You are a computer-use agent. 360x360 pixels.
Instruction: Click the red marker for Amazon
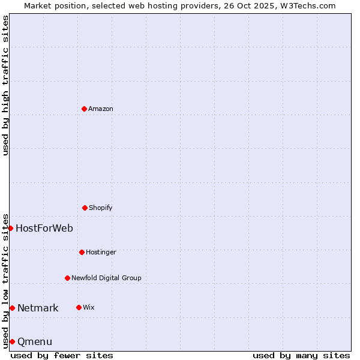(85, 109)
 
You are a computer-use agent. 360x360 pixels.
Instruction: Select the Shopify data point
(85, 208)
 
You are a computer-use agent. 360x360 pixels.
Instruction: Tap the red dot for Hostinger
(82, 252)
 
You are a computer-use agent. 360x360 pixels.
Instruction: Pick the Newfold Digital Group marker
(67, 278)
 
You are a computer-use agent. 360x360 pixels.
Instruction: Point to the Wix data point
(79, 307)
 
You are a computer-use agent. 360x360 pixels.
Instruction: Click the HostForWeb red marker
(10, 228)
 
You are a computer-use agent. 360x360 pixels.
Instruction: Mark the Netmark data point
(12, 308)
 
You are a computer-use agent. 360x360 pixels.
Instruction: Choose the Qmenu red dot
(12, 341)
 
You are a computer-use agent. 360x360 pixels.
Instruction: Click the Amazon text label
(101, 109)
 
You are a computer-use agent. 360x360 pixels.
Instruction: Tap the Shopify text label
(101, 208)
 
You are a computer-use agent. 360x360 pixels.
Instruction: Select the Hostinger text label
(101, 253)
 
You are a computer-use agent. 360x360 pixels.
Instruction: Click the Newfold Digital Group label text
(106, 278)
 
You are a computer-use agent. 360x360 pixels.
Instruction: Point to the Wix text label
(89, 308)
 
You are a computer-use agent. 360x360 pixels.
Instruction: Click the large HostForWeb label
(44, 228)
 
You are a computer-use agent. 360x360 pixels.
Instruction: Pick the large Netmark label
(38, 308)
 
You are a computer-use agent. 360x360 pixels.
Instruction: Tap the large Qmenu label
(35, 342)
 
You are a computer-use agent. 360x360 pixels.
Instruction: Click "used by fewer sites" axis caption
(62, 355)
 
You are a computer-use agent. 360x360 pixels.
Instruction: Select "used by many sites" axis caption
(301, 355)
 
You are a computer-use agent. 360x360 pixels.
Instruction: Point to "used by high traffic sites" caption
(5, 85)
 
